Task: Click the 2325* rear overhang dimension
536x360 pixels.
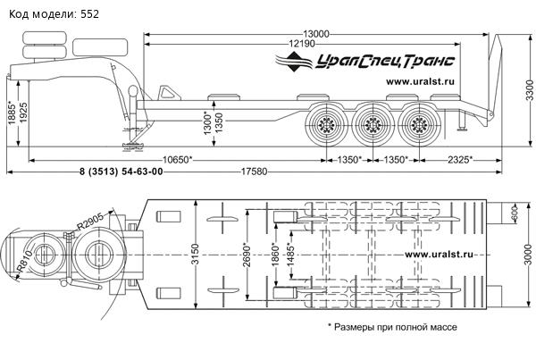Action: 457,160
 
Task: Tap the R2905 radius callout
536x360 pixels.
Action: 93,220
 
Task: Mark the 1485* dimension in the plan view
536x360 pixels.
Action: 289,259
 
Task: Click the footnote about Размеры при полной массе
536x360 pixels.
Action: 392,327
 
